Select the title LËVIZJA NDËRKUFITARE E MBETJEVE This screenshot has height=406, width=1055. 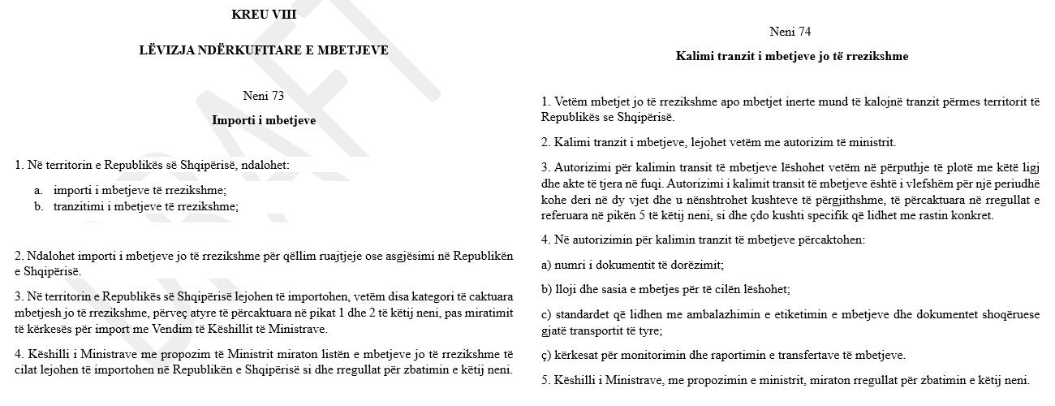click(x=264, y=50)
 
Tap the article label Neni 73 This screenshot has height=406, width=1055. click(x=264, y=96)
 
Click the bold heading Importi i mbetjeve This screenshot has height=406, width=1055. click(x=264, y=120)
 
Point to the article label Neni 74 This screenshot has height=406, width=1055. click(x=790, y=32)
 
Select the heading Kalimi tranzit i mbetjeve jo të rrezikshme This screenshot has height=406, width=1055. click(x=791, y=57)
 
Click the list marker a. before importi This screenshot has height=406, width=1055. click(x=38, y=189)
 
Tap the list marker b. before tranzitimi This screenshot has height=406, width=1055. click(x=38, y=206)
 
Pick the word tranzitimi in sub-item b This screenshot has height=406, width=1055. click(x=80, y=206)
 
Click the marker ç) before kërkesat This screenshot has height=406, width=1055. click(x=546, y=355)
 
